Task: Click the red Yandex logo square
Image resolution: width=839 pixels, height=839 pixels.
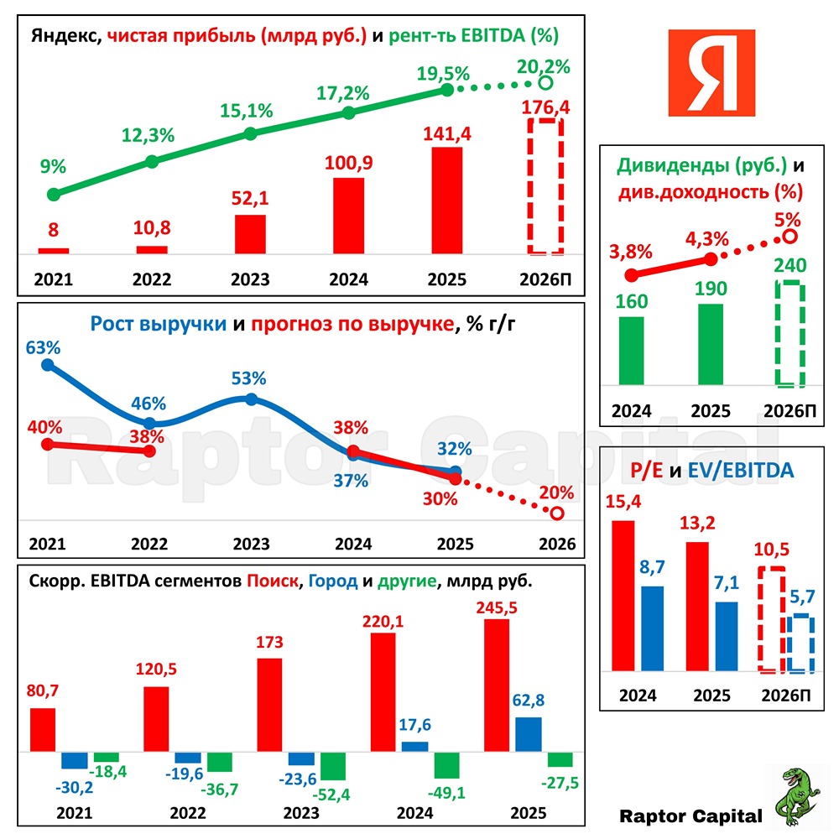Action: coord(711,74)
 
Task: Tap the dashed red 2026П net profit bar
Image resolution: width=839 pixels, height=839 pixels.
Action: coord(545,186)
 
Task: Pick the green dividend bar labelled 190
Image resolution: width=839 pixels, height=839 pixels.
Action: coord(710,345)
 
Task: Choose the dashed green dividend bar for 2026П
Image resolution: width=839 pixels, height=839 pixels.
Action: coord(789,335)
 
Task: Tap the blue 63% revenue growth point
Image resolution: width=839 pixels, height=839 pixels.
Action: coord(47,365)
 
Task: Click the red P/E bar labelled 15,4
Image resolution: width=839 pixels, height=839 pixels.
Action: coord(623,595)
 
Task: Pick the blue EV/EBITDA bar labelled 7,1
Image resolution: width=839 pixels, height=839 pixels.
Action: coord(726,636)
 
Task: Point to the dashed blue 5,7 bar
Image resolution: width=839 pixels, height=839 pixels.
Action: coord(801,644)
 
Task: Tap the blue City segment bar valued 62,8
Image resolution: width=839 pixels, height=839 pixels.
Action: coord(528,735)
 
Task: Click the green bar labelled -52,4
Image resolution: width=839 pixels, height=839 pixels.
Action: coord(333,765)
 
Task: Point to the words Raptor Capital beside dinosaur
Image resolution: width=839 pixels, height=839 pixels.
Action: coord(690,816)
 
